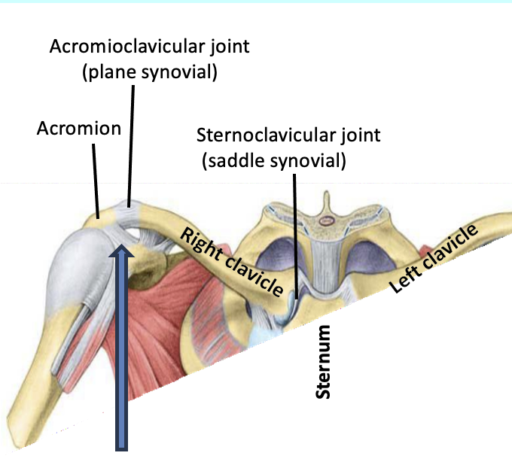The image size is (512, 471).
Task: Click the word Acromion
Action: (79, 129)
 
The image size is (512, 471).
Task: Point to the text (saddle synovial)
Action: (273, 161)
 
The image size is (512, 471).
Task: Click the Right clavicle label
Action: (231, 261)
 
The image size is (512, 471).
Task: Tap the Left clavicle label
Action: (434, 260)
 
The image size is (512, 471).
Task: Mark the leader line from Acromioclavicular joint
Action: (131, 143)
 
